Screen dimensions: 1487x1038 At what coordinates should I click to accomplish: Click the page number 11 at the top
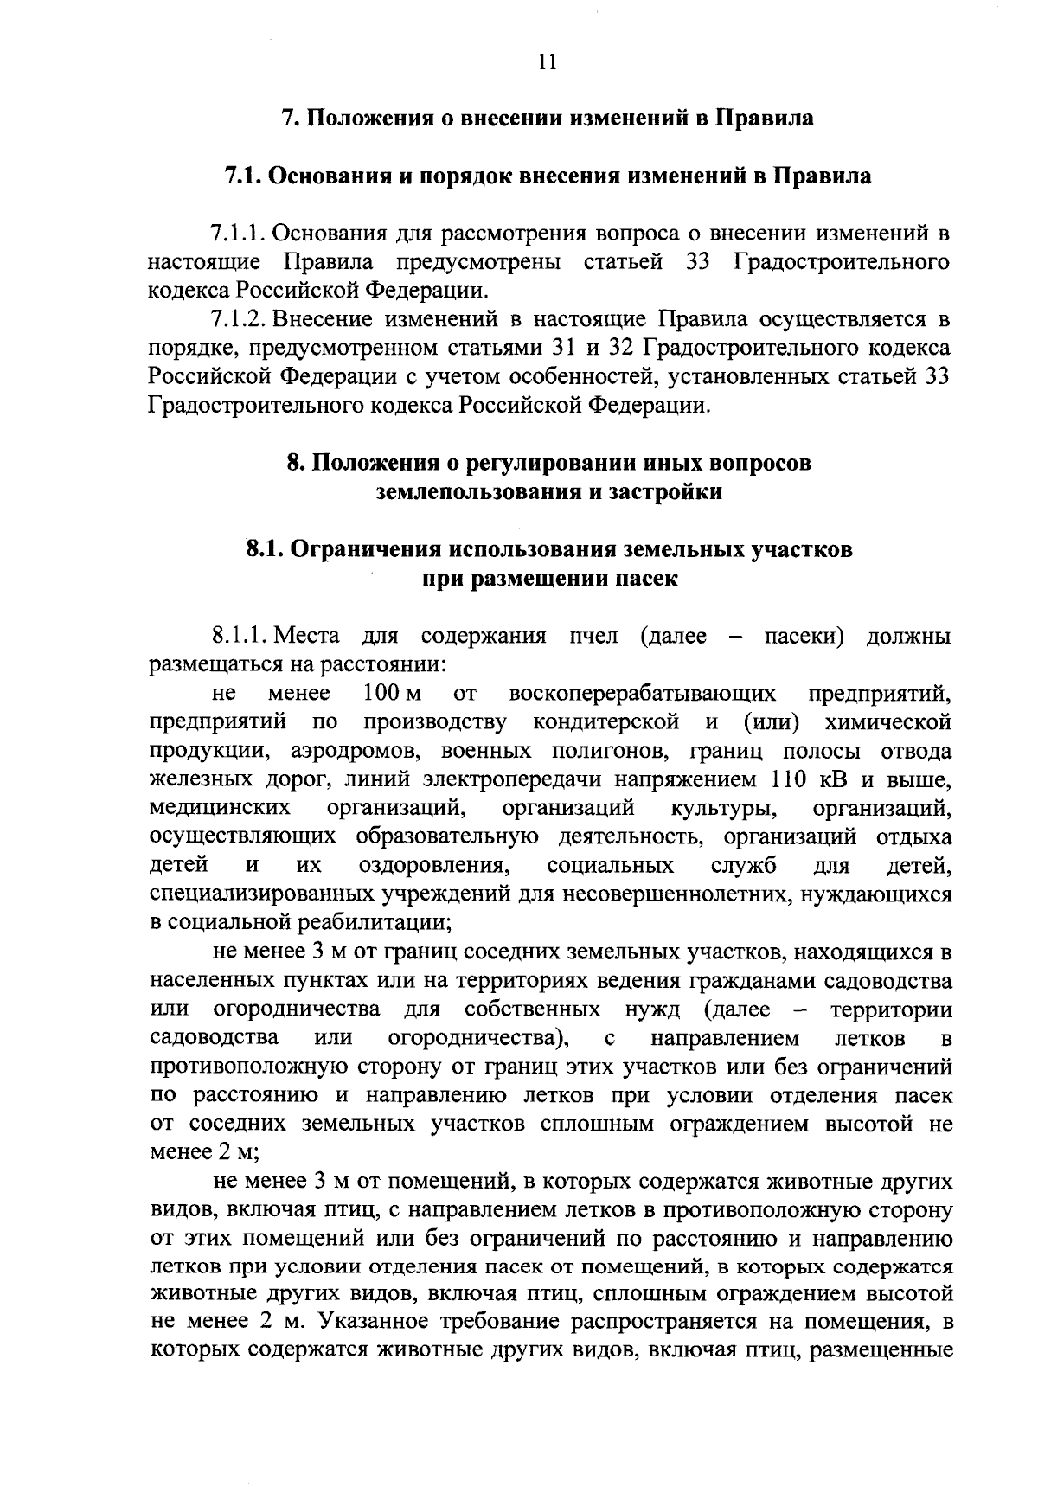(x=546, y=61)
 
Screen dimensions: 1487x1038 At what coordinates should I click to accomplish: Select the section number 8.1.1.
(x=240, y=637)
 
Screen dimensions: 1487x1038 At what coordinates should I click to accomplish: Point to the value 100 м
(x=392, y=694)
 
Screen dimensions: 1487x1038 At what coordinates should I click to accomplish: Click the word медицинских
(x=220, y=808)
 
